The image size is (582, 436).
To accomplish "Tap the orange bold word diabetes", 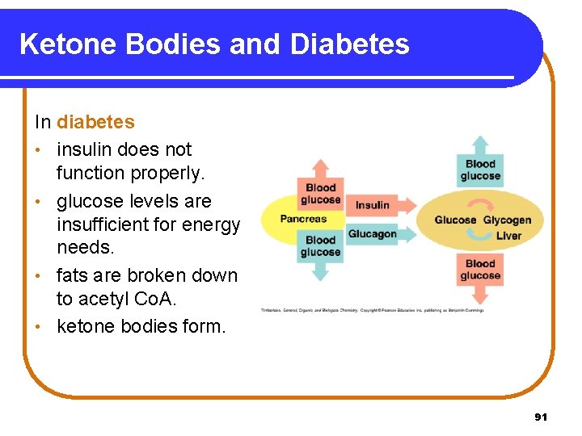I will tap(95, 123).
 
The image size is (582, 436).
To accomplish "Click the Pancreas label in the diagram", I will tap(303, 219).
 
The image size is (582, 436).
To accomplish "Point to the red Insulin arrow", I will tap(373, 205).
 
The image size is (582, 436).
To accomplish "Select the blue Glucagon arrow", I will tap(373, 234).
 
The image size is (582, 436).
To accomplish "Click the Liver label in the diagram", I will tap(508, 236).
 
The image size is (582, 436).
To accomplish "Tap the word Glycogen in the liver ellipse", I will tap(507, 220).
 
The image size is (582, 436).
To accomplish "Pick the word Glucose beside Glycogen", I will tap(455, 220).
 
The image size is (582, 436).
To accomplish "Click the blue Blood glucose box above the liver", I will tap(480, 170).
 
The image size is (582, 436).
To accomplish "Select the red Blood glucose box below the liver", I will tap(480, 270).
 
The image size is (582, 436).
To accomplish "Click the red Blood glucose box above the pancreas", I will tap(321, 194).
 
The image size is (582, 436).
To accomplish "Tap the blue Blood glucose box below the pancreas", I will tap(321, 246).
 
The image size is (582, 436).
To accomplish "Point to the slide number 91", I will tap(541, 417).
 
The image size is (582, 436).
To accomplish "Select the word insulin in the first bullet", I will tap(84, 149).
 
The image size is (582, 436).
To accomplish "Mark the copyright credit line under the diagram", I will tap(372, 310).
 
